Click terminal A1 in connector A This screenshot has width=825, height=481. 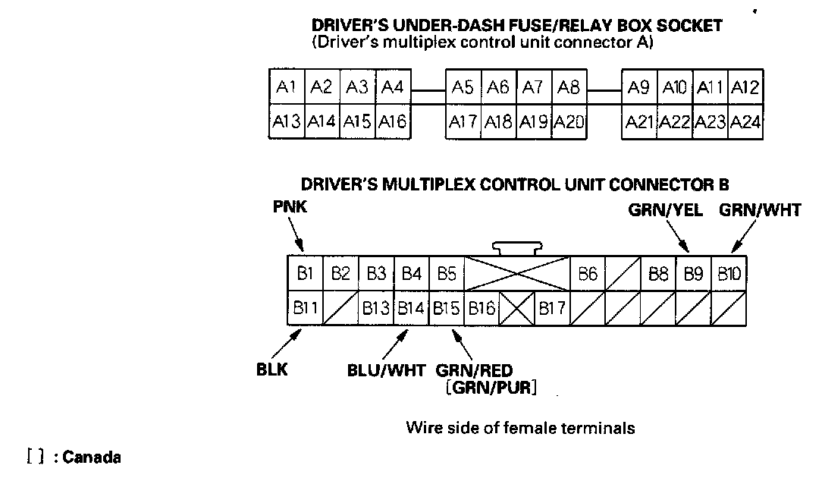[287, 86]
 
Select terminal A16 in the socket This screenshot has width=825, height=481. [393, 122]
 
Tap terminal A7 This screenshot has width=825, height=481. [534, 86]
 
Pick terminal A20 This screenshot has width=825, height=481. [569, 122]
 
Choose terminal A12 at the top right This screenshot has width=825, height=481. [745, 86]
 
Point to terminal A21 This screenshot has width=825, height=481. [639, 122]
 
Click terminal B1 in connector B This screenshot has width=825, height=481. [305, 274]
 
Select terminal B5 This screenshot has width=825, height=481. [447, 274]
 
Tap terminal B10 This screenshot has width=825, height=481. [729, 274]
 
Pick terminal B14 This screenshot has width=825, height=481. [412, 308]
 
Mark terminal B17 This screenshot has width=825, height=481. [552, 308]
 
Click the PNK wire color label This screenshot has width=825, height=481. [290, 207]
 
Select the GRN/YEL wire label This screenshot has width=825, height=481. [666, 210]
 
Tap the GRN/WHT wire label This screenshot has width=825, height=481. [760, 210]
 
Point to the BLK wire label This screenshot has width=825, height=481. [272, 369]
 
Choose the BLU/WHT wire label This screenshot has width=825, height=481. [386, 370]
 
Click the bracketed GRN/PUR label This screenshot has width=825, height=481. [491, 388]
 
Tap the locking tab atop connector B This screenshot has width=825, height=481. [517, 248]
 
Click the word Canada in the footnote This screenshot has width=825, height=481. [92, 457]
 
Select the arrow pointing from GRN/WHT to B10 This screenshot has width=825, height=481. [744, 236]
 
